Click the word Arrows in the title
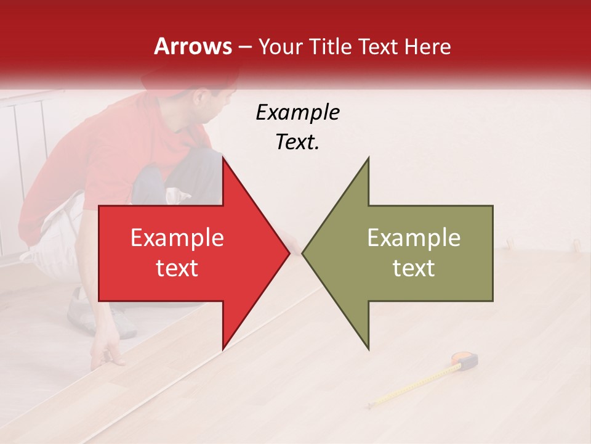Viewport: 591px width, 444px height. click(193, 46)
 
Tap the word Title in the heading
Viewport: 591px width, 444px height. click(330, 46)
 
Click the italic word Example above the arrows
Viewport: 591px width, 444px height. click(297, 113)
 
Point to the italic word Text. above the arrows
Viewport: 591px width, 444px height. click(297, 142)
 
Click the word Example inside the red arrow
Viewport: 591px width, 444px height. click(177, 238)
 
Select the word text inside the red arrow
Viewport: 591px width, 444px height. click(177, 268)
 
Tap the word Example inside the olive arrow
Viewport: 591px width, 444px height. click(414, 238)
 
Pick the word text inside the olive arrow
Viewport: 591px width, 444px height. click(414, 268)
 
